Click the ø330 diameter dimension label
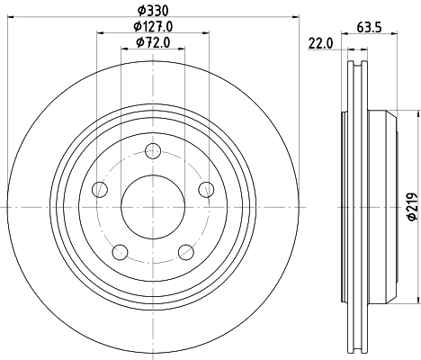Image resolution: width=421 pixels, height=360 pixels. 152,11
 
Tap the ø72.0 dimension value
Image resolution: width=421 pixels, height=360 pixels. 152,42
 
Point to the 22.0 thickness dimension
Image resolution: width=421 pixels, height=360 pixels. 320,43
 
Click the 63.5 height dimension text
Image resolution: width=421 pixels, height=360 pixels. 367,27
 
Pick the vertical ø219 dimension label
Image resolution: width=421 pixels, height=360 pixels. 411,208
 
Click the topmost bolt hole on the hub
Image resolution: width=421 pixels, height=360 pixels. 153,150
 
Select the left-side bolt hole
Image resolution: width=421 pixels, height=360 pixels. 100,189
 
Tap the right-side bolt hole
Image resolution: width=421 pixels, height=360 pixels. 206,189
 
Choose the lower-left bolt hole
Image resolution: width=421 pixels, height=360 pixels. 121,251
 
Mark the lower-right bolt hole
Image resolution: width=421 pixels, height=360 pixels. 185,251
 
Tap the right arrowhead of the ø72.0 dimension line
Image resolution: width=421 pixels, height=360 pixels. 184,49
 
